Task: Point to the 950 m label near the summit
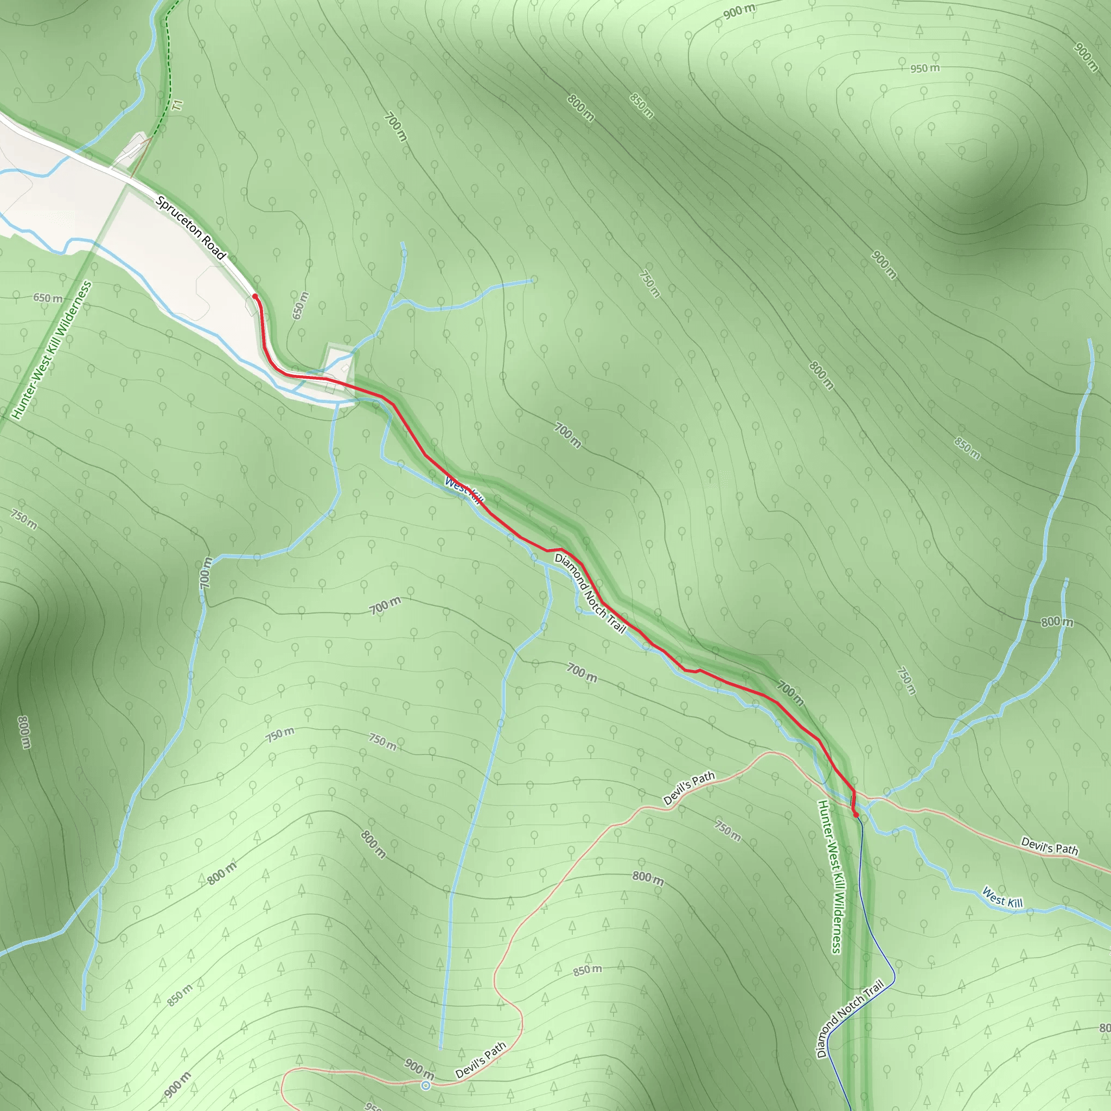click(925, 68)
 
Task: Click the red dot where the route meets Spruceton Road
click(255, 296)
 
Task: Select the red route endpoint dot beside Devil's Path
click(855, 815)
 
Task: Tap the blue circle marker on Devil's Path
click(425, 1085)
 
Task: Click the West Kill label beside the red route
click(463, 490)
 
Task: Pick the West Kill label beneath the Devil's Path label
click(1003, 898)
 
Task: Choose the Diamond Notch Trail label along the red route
click(590, 593)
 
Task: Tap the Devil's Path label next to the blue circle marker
click(481, 1060)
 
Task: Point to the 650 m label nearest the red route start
click(300, 305)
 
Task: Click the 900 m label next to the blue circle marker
click(419, 1069)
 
